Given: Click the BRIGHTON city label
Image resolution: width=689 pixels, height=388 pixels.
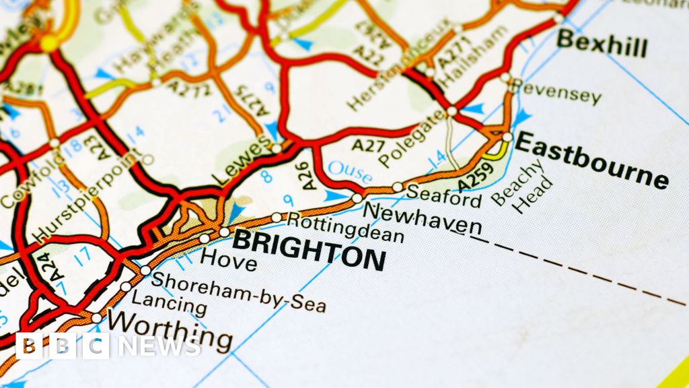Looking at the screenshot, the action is (x=309, y=248).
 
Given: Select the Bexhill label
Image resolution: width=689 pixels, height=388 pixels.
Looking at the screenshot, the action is (x=602, y=44).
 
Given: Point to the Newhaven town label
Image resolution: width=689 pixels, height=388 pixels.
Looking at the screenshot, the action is (x=422, y=220).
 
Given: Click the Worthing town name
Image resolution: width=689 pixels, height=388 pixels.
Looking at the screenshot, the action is (x=170, y=329).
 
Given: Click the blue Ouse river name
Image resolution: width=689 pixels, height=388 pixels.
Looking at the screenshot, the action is (x=349, y=172).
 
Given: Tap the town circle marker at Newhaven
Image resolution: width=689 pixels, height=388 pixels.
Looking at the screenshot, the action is (x=357, y=198).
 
